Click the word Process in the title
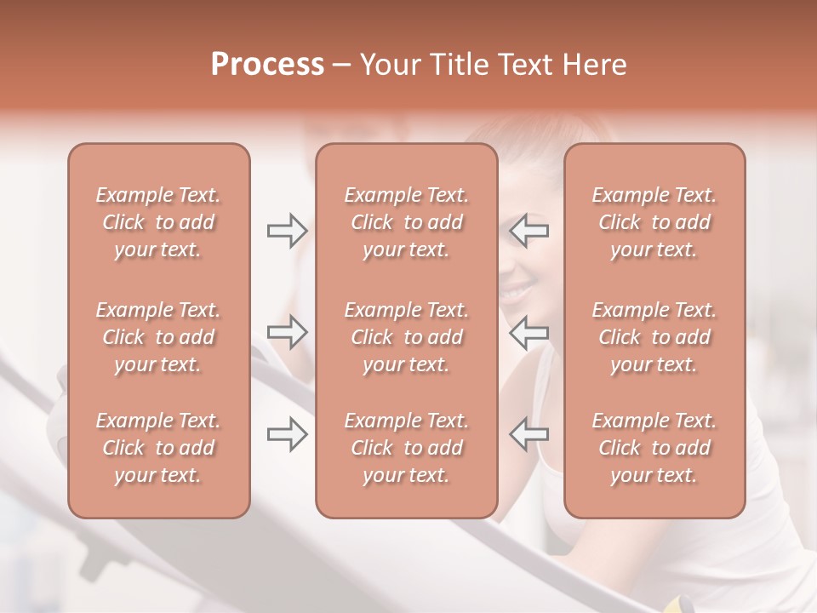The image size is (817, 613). coord(267,65)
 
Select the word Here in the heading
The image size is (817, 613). coord(595,65)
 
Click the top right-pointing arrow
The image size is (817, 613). coord(287,231)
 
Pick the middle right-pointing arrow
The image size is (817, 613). coord(287,332)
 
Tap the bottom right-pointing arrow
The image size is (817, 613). coord(287,434)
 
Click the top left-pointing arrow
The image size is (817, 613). coord(528,231)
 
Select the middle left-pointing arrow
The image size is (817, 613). coord(528,332)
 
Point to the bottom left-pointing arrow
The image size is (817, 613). coord(528,434)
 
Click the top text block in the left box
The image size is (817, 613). coord(158,222)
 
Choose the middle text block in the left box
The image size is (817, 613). coord(158,337)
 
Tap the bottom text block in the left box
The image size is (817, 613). coord(158,448)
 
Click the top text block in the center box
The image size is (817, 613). coord(406,222)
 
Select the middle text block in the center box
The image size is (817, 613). coord(406,337)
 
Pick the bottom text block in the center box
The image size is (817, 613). coord(406,448)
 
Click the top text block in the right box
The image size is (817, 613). coord(654,222)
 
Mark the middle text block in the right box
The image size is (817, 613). coord(654,337)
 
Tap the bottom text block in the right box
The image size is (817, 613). coord(654,448)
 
